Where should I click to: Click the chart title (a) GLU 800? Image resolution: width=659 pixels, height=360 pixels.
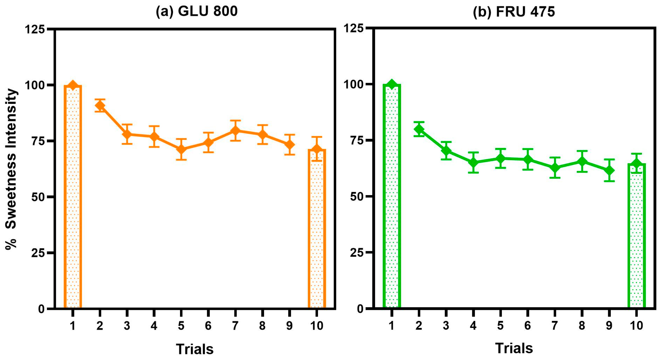196,11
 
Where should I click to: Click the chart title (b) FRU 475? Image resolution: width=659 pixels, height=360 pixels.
514,12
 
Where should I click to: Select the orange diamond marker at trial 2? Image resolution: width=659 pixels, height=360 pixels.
100,106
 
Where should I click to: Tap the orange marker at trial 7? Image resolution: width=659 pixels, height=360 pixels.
235,130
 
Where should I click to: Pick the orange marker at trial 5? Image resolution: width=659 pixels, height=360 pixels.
181,149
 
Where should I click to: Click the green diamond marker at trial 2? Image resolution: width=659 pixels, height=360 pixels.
419,129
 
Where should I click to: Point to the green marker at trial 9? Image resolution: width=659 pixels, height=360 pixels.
609,170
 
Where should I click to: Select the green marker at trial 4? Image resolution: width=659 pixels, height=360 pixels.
473,163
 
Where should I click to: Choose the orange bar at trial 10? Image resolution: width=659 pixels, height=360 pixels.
317,230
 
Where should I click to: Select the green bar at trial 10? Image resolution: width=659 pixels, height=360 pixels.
636,236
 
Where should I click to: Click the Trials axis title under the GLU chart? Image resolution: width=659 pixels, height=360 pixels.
195,349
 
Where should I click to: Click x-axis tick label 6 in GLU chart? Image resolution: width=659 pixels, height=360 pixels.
208,326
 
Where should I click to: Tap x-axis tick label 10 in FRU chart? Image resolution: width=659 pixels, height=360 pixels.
636,326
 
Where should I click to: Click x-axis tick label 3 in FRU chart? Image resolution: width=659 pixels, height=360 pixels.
446,326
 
